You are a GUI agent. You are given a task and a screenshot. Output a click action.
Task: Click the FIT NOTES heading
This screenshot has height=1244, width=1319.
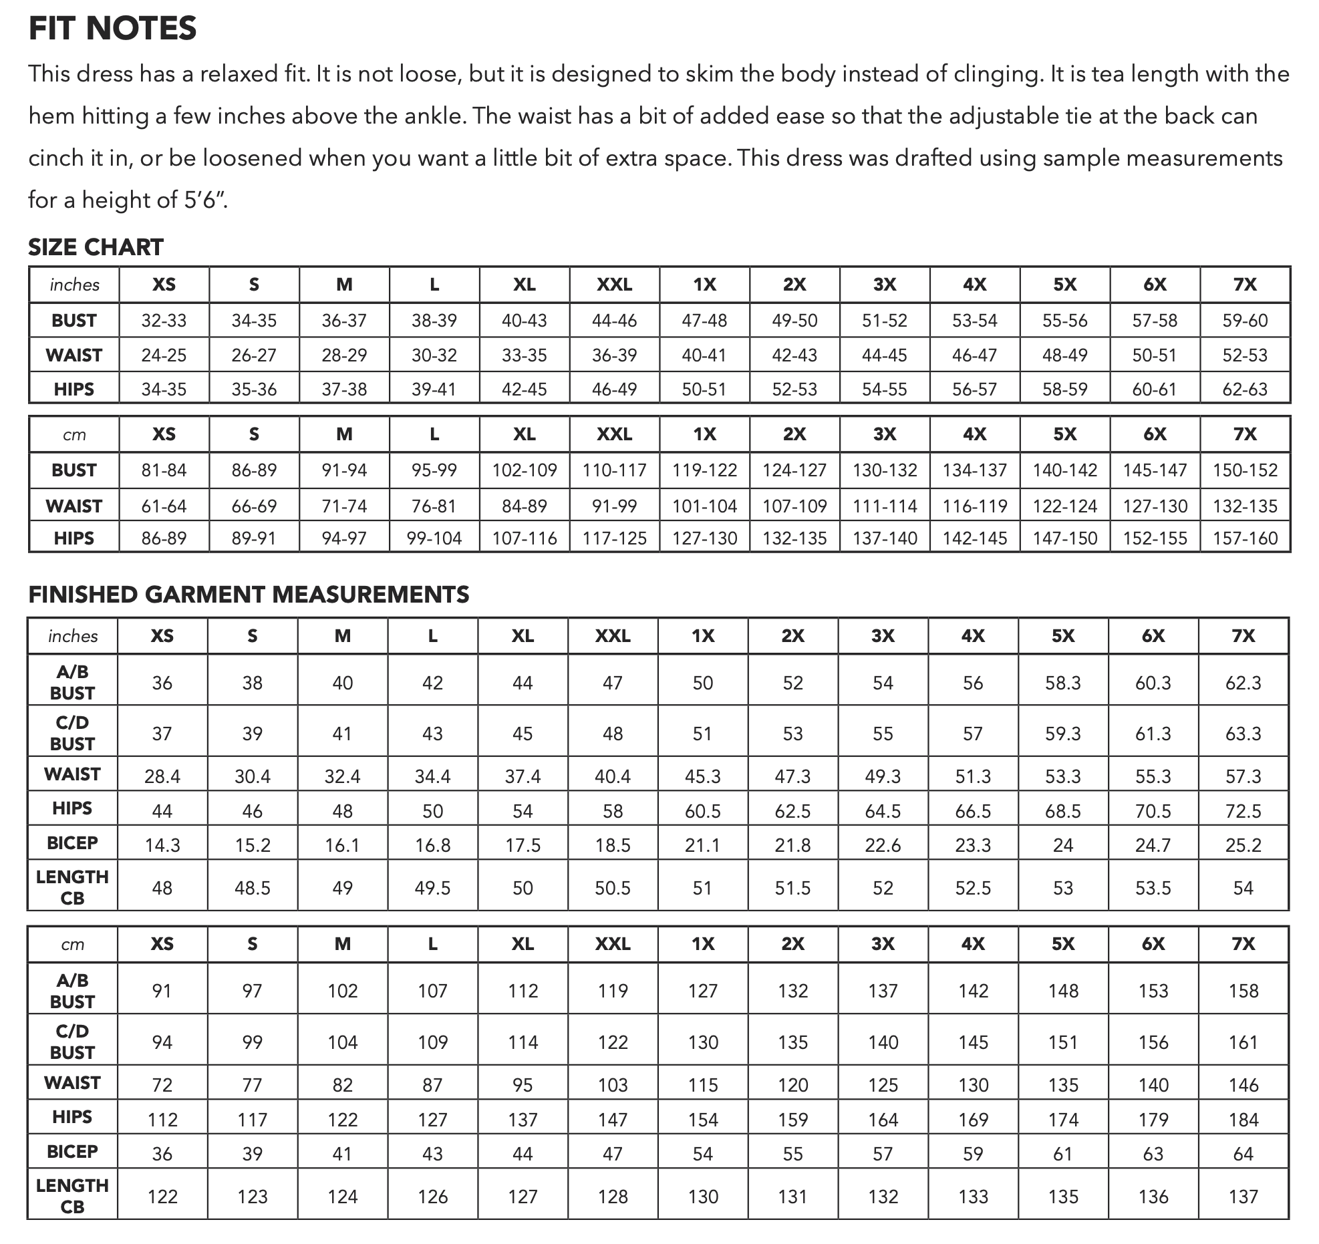coord(112,29)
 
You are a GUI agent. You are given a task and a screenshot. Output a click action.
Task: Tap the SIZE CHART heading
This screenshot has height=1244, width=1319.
coord(96,247)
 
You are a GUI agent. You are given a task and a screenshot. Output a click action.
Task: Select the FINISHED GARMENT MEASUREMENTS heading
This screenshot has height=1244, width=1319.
coord(249,595)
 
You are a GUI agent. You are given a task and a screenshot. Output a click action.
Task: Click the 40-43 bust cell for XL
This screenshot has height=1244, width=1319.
coord(524,321)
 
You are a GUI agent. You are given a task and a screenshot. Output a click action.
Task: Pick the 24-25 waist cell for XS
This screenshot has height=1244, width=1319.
coord(164,355)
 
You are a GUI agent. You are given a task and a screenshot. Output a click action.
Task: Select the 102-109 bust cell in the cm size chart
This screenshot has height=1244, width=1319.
coord(524,470)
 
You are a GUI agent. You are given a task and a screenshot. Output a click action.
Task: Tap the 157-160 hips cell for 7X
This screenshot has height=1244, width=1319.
coord(1244,538)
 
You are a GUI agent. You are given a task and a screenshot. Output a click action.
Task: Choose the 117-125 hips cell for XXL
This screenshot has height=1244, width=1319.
coord(614,538)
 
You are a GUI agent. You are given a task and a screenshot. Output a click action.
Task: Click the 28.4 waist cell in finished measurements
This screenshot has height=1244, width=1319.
coord(162,776)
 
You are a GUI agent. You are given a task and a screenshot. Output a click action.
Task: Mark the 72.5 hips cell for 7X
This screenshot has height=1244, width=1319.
coord(1243,811)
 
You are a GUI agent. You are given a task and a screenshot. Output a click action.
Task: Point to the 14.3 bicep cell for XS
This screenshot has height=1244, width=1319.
coord(162,846)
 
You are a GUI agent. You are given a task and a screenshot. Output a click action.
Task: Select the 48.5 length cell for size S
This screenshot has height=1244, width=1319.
coord(252,888)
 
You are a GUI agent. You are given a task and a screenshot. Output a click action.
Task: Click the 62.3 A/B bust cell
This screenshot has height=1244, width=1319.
coord(1243,683)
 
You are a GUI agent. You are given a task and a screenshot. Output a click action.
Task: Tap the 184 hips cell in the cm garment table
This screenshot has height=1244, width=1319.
coord(1243,1120)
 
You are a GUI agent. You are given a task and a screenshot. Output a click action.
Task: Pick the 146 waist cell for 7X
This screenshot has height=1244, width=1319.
coord(1243,1085)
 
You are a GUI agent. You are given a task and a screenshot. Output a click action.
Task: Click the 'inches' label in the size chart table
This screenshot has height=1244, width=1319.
coord(74,285)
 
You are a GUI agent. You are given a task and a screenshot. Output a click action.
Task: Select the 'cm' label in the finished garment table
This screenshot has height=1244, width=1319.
coord(73,944)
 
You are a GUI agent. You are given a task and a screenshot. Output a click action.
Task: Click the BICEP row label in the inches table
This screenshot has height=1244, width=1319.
coord(73,843)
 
